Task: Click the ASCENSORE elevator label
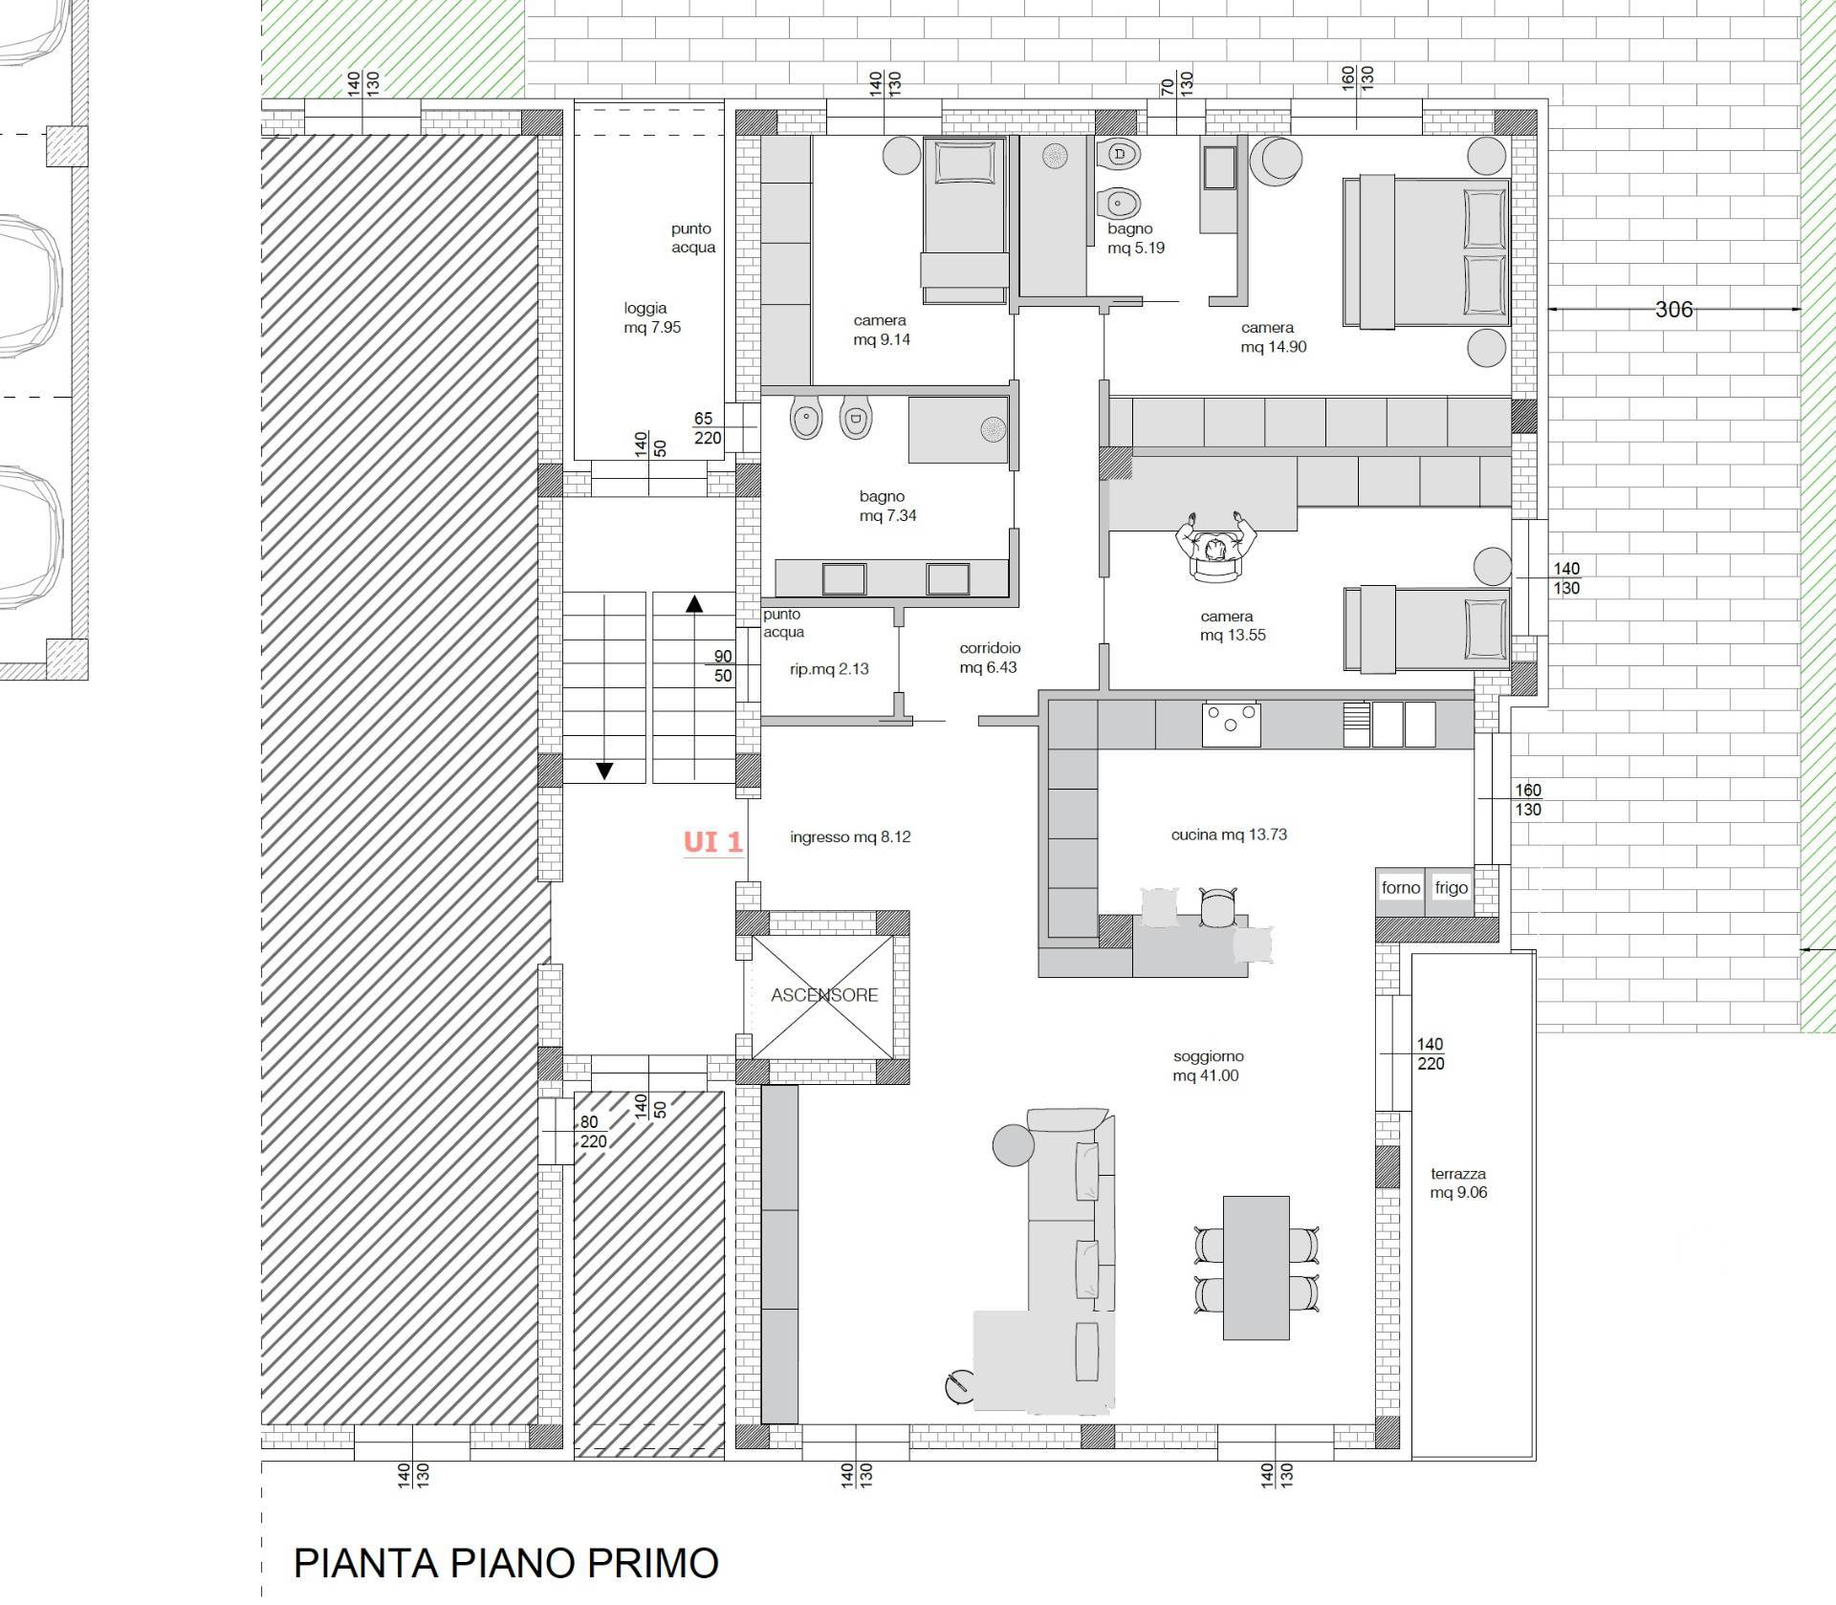pos(824,995)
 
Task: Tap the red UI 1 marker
pos(712,841)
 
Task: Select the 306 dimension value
pos(1673,309)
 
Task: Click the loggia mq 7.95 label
pos(652,317)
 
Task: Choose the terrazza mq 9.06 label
pos(1458,1182)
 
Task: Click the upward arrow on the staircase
pos(694,603)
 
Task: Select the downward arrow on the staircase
pos(604,770)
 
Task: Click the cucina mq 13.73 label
pos(1229,835)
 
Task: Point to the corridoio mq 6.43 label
pos(990,658)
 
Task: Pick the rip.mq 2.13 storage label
pos(829,669)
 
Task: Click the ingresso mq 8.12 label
pos(850,837)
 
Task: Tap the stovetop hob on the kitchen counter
pos(1232,725)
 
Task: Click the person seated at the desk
pos(1215,546)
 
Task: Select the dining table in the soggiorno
pos(1256,1268)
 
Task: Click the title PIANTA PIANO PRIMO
pos(506,1563)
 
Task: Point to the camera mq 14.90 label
pos(1273,337)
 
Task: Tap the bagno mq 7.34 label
pos(887,506)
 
